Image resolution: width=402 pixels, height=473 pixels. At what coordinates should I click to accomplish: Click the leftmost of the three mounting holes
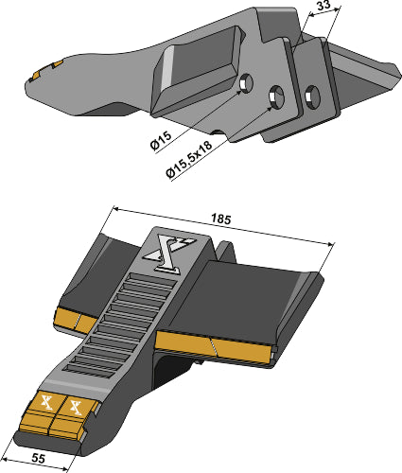(x=247, y=83)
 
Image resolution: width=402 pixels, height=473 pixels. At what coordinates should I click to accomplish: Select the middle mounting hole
(x=277, y=95)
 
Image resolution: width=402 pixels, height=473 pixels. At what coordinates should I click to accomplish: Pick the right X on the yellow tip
(x=76, y=408)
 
